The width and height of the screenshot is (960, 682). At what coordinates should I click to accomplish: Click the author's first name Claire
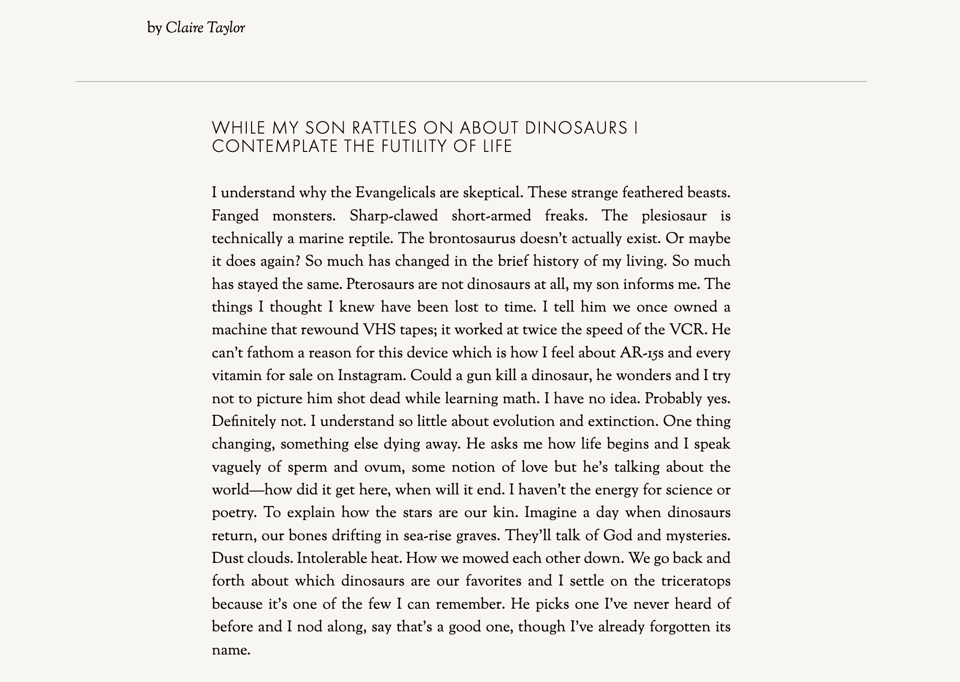pos(185,28)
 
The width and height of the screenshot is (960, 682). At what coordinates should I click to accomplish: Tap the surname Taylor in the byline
pos(226,28)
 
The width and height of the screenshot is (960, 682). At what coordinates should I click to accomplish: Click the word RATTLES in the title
pos(384,128)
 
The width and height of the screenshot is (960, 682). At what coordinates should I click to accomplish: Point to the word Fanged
pos(235,216)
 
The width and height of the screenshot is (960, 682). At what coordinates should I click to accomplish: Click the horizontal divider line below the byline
pos(471,82)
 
